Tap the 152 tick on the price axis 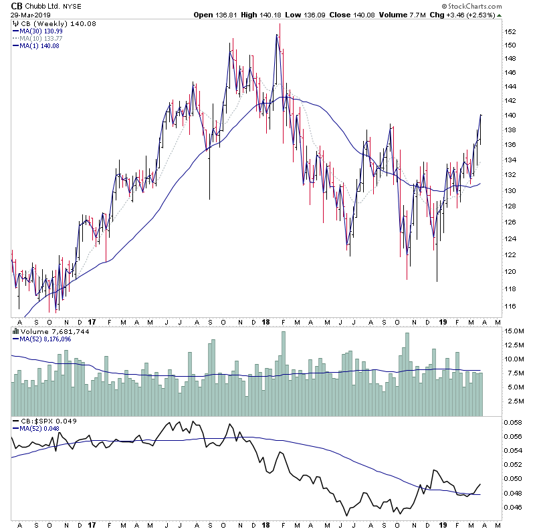click(x=510, y=31)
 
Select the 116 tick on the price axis click(x=510, y=306)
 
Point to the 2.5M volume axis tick click(x=514, y=401)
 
